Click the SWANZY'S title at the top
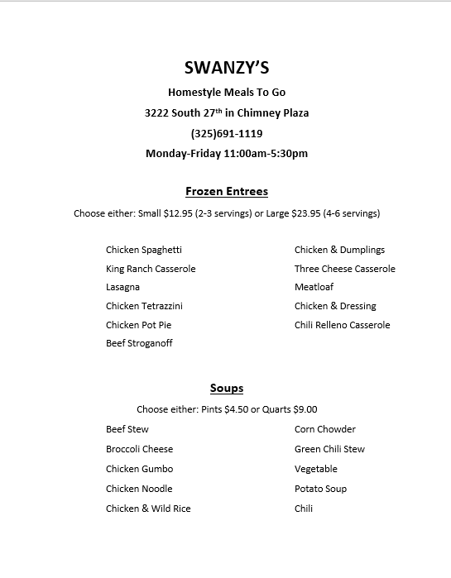pos(226,68)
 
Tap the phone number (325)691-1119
pos(227,132)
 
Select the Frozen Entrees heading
pos(227,191)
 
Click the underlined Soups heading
pos(227,388)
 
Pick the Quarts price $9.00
pos(305,409)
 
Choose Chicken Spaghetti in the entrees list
pos(144,250)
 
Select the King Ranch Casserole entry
pos(151,269)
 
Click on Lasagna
pos(122,287)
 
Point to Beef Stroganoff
pos(139,343)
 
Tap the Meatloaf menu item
pos(315,287)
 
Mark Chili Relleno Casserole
pos(342,325)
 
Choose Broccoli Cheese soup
pos(139,449)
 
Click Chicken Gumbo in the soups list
pos(139,469)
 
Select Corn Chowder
pos(325,429)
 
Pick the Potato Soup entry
pos(320,489)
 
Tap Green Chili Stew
pos(329,449)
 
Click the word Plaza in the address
pos(292,112)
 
